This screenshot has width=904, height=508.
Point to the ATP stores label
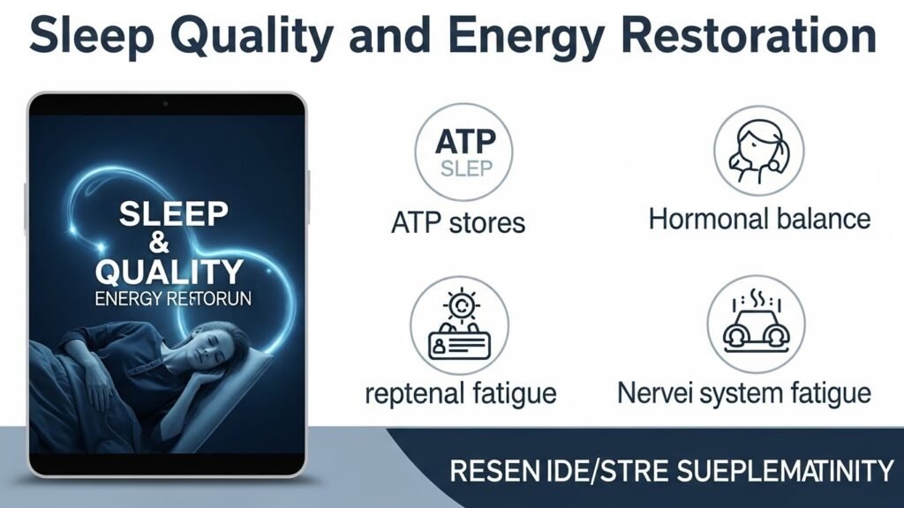pyautogui.click(x=457, y=221)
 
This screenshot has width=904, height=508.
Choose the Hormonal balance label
pyautogui.click(x=759, y=218)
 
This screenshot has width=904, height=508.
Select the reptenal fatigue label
pyautogui.click(x=461, y=392)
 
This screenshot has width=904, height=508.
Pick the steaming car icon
pyautogui.click(x=756, y=322)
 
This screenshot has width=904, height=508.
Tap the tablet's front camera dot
pyautogui.click(x=166, y=104)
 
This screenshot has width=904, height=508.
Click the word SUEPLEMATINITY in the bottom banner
pyautogui.click(x=778, y=471)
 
